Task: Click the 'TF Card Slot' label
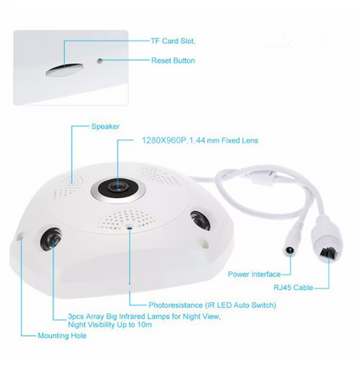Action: pyautogui.click(x=172, y=42)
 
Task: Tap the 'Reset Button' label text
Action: pyautogui.click(x=173, y=61)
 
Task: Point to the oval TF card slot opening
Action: pyautogui.click(x=65, y=69)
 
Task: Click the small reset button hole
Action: pyautogui.click(x=100, y=61)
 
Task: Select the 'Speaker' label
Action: pyautogui.click(x=106, y=126)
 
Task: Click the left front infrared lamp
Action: pyautogui.click(x=51, y=240)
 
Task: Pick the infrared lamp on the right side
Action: pyautogui.click(x=200, y=220)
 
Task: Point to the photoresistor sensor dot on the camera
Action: pyautogui.click(x=130, y=227)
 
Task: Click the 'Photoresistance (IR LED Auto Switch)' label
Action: pyautogui.click(x=212, y=305)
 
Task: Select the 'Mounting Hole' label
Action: pyautogui.click(x=62, y=336)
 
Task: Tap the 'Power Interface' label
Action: pyautogui.click(x=254, y=274)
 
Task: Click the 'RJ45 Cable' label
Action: pyautogui.click(x=293, y=287)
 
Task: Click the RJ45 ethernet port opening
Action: pyautogui.click(x=329, y=253)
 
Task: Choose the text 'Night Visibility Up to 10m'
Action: pyautogui.click(x=110, y=324)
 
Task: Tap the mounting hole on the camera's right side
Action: pyautogui.click(x=204, y=243)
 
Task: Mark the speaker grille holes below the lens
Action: pyautogui.click(x=128, y=217)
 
